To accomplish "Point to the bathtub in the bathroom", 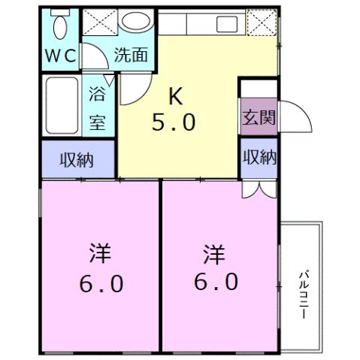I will coord(60,104).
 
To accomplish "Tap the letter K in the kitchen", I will coord(174,95).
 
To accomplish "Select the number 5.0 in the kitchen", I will coord(174,122).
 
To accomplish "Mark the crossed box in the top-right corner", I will coord(262,23).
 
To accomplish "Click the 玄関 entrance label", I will coord(259,119).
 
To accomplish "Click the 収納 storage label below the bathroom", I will coord(77,159).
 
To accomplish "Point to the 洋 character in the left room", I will coord(99,253).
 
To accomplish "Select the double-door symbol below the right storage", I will coord(257,189).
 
